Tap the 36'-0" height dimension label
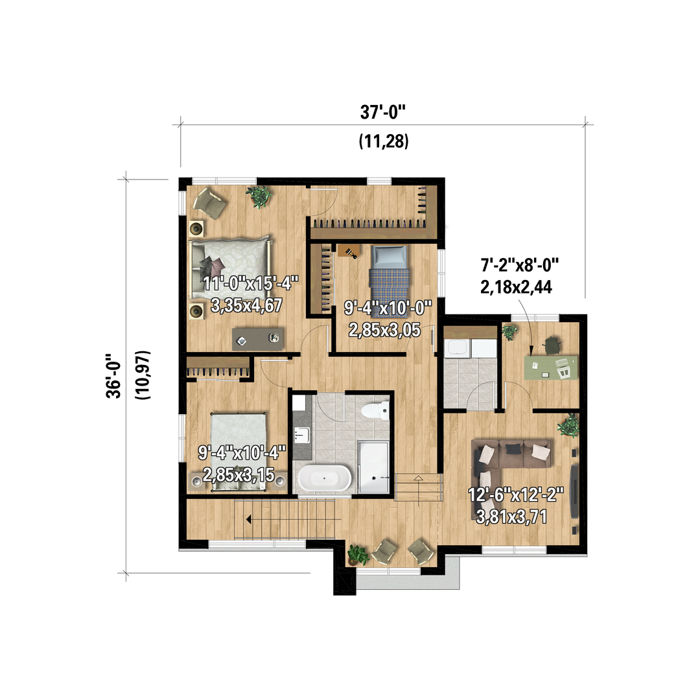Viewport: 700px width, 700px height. click(x=114, y=376)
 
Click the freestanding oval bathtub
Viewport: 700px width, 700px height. click(x=325, y=478)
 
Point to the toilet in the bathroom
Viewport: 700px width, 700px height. click(x=375, y=410)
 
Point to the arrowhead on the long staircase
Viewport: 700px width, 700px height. click(x=249, y=520)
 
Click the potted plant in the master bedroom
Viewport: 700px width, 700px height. click(x=259, y=196)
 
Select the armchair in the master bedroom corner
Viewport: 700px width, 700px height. click(x=209, y=203)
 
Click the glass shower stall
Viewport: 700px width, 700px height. click(x=374, y=467)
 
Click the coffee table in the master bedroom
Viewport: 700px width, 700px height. click(x=257, y=339)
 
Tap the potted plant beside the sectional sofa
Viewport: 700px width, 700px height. click(x=568, y=426)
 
